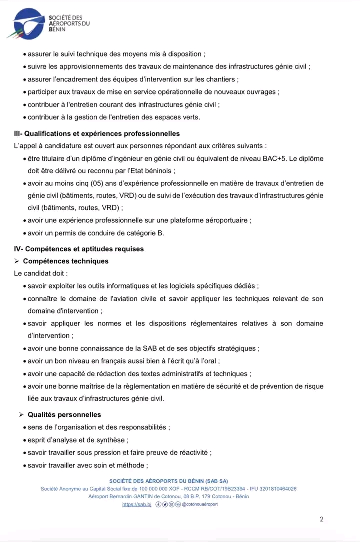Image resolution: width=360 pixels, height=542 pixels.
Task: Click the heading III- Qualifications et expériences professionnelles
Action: click(x=97, y=134)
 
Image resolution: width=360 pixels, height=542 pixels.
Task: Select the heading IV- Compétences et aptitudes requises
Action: click(x=79, y=249)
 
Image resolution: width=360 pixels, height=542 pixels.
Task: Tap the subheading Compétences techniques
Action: click(x=65, y=261)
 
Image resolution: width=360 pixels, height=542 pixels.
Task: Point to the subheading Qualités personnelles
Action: click(x=62, y=415)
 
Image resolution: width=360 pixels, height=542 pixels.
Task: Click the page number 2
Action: click(x=322, y=519)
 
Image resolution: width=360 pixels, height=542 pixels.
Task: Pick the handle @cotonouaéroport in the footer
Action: click(x=200, y=504)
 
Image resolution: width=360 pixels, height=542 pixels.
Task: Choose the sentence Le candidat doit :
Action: click(x=41, y=273)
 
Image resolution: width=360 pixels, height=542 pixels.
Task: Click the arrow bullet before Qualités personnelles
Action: click(x=22, y=415)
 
